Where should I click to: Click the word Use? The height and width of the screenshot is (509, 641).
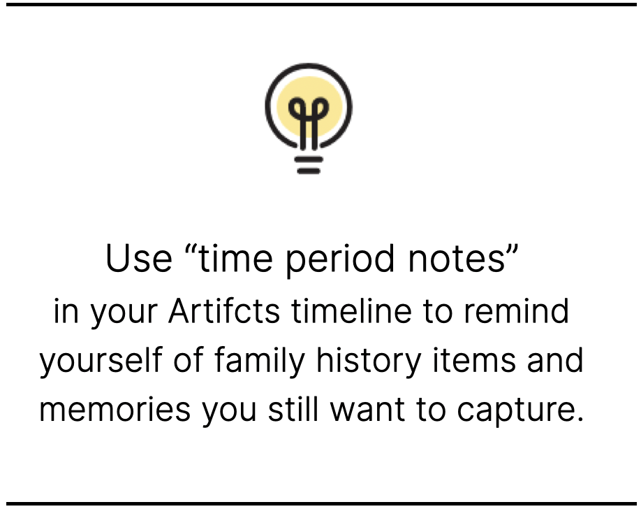[138, 259]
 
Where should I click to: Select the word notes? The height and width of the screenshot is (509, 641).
[457, 259]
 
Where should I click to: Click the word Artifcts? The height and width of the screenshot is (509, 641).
[224, 310]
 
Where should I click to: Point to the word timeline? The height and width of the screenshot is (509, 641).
[351, 310]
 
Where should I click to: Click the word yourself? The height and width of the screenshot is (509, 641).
[101, 361]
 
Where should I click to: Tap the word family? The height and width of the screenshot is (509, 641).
[259, 361]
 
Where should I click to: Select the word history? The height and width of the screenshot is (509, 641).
[369, 361]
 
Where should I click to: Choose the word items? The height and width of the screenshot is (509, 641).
[474, 359]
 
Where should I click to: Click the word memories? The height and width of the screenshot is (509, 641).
[115, 410]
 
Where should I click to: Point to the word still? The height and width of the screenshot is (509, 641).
[293, 408]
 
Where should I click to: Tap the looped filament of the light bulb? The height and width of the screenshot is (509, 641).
[309, 119]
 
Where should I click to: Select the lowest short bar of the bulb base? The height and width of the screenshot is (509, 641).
[309, 171]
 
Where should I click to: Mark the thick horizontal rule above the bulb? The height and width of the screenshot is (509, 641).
[320, 5]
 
